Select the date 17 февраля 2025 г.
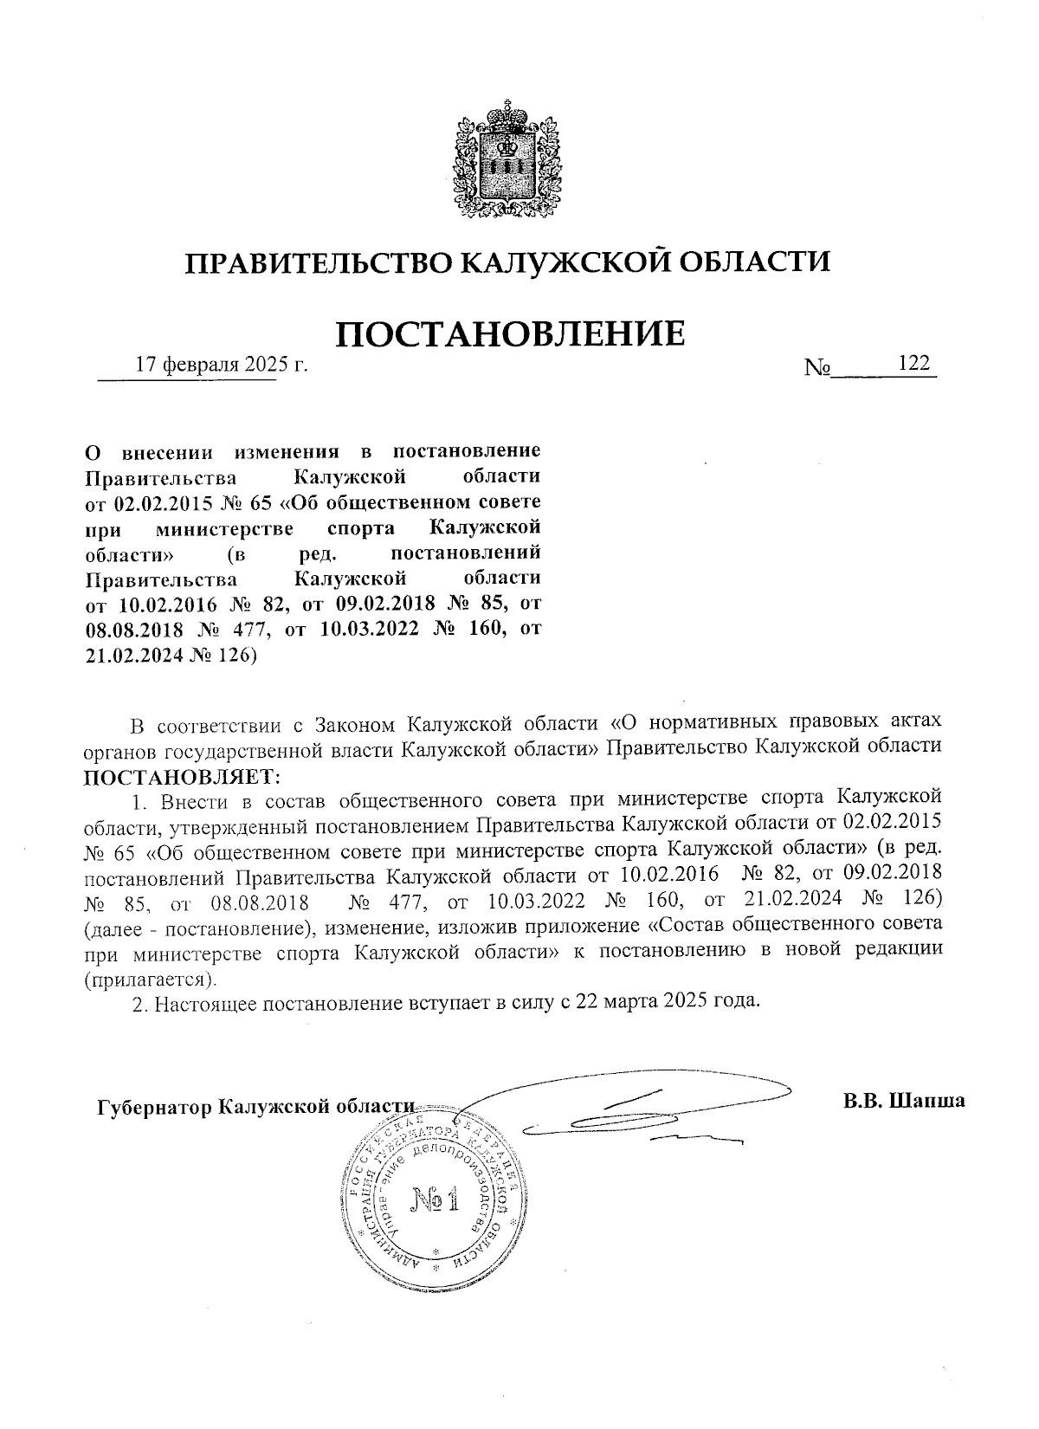click(x=222, y=365)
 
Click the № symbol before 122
click(x=817, y=367)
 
